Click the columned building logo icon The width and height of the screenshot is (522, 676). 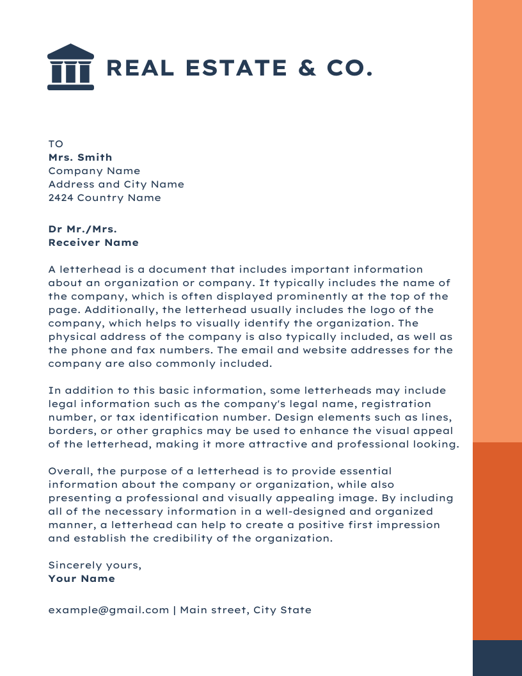[x=70, y=67]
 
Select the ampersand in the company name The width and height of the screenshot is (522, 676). [x=307, y=68]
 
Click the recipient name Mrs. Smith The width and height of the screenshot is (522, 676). [x=80, y=157]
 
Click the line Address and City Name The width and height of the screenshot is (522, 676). [x=116, y=184]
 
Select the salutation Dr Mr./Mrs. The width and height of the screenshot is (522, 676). [x=83, y=229]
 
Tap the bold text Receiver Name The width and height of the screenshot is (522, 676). [x=93, y=243]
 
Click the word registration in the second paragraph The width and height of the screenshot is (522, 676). [x=397, y=404]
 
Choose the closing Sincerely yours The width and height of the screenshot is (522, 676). [x=95, y=565]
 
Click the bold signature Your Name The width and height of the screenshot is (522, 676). [x=81, y=579]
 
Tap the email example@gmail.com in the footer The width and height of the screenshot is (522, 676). [x=109, y=610]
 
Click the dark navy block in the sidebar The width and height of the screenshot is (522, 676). [x=497, y=657]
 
